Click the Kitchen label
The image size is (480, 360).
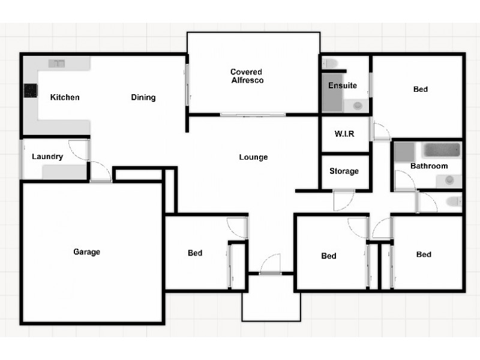(x=65, y=97)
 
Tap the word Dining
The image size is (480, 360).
(x=143, y=97)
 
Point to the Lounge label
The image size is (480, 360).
(x=253, y=157)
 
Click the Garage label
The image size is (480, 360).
(x=87, y=252)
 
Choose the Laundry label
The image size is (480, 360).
(x=47, y=157)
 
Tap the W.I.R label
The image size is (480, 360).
(x=344, y=133)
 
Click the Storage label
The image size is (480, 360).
(x=344, y=171)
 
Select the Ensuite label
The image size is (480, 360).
(x=343, y=85)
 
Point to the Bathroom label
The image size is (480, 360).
(x=429, y=166)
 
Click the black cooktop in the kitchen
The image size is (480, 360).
(x=30, y=91)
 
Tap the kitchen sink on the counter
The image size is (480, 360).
(x=57, y=62)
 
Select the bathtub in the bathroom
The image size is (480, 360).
(x=442, y=150)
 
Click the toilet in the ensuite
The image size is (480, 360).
(x=329, y=62)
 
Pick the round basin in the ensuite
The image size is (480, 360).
(x=358, y=106)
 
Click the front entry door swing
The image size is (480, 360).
(x=271, y=264)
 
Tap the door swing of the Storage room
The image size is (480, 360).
(x=343, y=200)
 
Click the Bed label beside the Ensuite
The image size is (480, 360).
(x=421, y=89)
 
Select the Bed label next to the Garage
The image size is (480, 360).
(x=195, y=253)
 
